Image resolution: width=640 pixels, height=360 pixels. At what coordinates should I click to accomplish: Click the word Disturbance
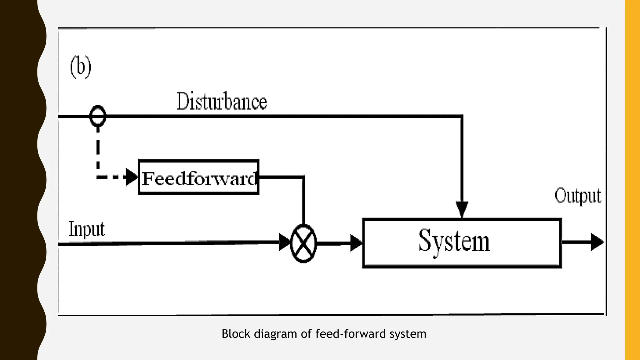pos(222,102)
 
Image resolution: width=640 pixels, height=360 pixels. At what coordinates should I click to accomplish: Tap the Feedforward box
pos(199,177)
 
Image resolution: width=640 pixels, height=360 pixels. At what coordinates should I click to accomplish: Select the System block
pos(462,243)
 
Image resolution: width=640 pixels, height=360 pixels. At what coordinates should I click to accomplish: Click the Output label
pos(577,196)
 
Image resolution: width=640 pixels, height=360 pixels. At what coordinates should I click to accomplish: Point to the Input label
pos(87,229)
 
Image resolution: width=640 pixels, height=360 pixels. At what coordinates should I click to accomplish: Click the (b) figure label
pos(81,67)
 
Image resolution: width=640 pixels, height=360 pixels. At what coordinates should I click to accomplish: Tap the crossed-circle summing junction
pos(303,243)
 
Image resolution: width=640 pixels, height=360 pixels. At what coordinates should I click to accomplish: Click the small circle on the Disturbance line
pos(98,116)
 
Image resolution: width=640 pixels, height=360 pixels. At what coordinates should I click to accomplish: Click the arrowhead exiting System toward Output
pos(597,242)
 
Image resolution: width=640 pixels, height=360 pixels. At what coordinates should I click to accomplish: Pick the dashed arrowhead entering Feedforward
pos(132,177)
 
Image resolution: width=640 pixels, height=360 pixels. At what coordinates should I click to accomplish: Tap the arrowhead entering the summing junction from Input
pos(285,242)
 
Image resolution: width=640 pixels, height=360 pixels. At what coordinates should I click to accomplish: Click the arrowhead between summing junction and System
pos(356,243)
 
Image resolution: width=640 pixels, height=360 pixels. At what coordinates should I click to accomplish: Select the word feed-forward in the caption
pos(351,334)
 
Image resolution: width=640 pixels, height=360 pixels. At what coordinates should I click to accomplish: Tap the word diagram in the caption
pos(275,334)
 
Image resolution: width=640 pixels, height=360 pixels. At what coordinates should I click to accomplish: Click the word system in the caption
pos(408,334)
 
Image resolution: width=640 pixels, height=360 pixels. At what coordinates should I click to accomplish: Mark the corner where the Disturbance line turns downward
pos(462,116)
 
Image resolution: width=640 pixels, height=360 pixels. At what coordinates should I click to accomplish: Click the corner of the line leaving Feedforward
pos(303,177)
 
